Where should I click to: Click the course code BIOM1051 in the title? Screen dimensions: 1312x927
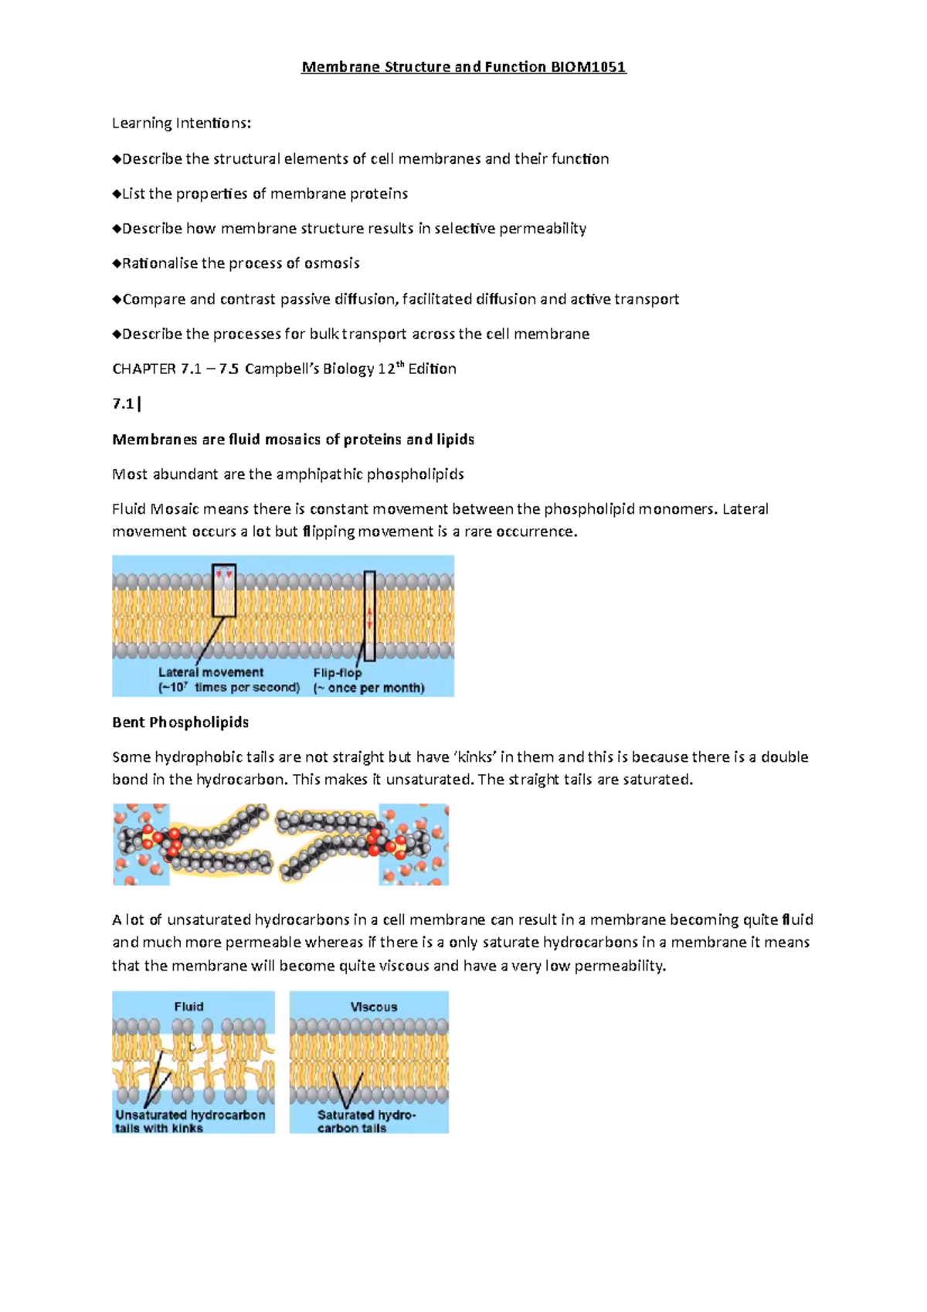pos(588,67)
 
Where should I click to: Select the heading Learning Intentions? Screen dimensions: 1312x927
pos(182,123)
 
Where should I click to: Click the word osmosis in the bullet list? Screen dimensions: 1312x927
pos(331,263)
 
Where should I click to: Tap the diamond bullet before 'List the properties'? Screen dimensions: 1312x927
pos(117,194)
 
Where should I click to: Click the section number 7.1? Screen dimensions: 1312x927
pos(123,403)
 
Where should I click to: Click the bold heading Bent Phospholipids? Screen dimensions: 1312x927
pos(180,722)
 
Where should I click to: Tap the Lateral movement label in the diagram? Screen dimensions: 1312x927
pos(211,672)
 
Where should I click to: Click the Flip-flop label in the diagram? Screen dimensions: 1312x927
pos(337,673)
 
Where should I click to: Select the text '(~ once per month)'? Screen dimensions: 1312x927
pos(368,688)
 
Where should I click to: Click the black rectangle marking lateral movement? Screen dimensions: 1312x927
pos(224,590)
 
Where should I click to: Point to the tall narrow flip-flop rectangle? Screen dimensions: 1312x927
pos(370,616)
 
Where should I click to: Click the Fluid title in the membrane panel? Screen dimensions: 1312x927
pos(188,1006)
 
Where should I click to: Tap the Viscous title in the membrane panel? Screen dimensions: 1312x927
pos(374,1007)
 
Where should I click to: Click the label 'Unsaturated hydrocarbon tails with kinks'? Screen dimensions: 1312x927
pos(190,1121)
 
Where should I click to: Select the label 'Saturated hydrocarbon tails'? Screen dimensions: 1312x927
pos(365,1121)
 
